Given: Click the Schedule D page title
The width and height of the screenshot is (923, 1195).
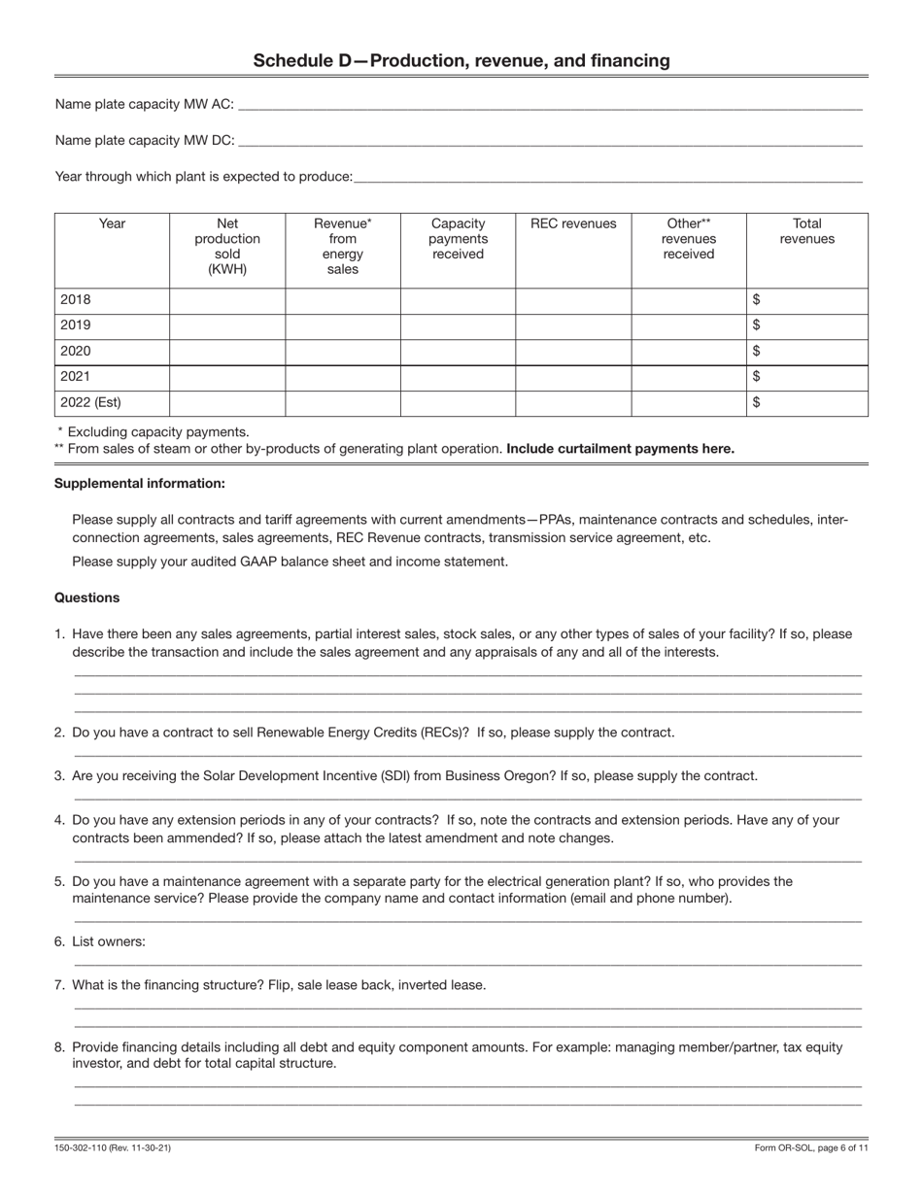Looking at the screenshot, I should pos(461,61).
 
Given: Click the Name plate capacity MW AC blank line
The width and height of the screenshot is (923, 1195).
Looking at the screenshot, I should pos(549,106).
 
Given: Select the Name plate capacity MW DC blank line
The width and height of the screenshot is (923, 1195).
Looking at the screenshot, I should pos(549,142).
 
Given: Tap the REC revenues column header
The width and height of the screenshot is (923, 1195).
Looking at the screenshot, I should pos(573,224).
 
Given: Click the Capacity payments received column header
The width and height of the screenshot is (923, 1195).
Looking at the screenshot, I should pos(458,239).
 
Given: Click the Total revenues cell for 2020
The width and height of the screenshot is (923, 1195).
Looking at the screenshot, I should pos(806,351).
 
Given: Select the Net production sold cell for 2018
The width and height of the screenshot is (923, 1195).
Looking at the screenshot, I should pos(227,300).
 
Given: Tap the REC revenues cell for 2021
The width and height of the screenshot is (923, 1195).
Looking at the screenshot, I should pos(573,377).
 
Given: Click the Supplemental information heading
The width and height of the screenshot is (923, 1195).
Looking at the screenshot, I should pos(140,483).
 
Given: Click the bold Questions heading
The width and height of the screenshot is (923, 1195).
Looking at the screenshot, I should pos(87,597).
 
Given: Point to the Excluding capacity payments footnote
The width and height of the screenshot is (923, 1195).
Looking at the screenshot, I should pos(155,431).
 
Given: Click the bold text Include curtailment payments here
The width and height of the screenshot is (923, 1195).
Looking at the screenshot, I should pos(620,449).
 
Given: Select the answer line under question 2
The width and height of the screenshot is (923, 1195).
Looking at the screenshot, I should pos(467,754).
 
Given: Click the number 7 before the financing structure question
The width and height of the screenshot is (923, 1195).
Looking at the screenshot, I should pos(59,985).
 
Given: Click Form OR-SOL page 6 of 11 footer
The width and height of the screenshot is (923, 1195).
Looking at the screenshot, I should pos(811,1148).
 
